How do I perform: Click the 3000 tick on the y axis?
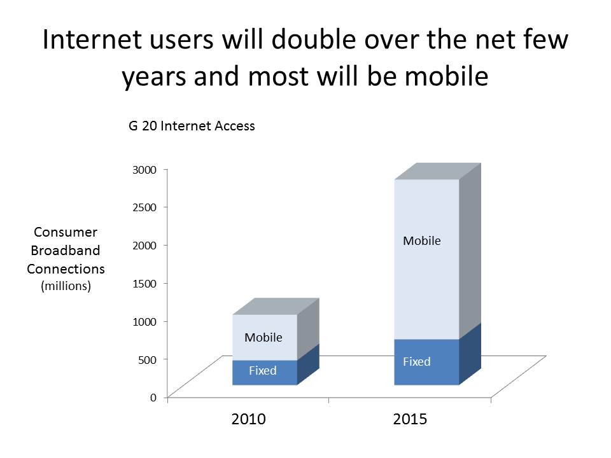pyautogui.click(x=144, y=169)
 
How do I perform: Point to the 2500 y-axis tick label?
pyautogui.click(x=144, y=207)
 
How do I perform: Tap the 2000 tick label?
pyautogui.click(x=144, y=245)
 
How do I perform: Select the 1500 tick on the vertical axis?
pyautogui.click(x=144, y=283)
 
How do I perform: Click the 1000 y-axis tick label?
pyautogui.click(x=144, y=321)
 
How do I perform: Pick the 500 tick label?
pyautogui.click(x=146, y=359)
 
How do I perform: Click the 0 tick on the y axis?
pyautogui.click(x=153, y=398)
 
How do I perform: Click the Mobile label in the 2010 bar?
pyautogui.click(x=263, y=338)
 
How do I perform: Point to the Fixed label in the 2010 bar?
pyautogui.click(x=262, y=370)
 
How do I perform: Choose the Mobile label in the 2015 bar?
pyautogui.click(x=421, y=241)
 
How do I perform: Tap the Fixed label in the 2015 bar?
pyautogui.click(x=416, y=362)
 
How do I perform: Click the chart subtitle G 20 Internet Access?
pyautogui.click(x=188, y=126)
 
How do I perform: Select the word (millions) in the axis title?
pyautogui.click(x=66, y=286)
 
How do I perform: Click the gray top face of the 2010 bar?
pyautogui.click(x=275, y=306)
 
